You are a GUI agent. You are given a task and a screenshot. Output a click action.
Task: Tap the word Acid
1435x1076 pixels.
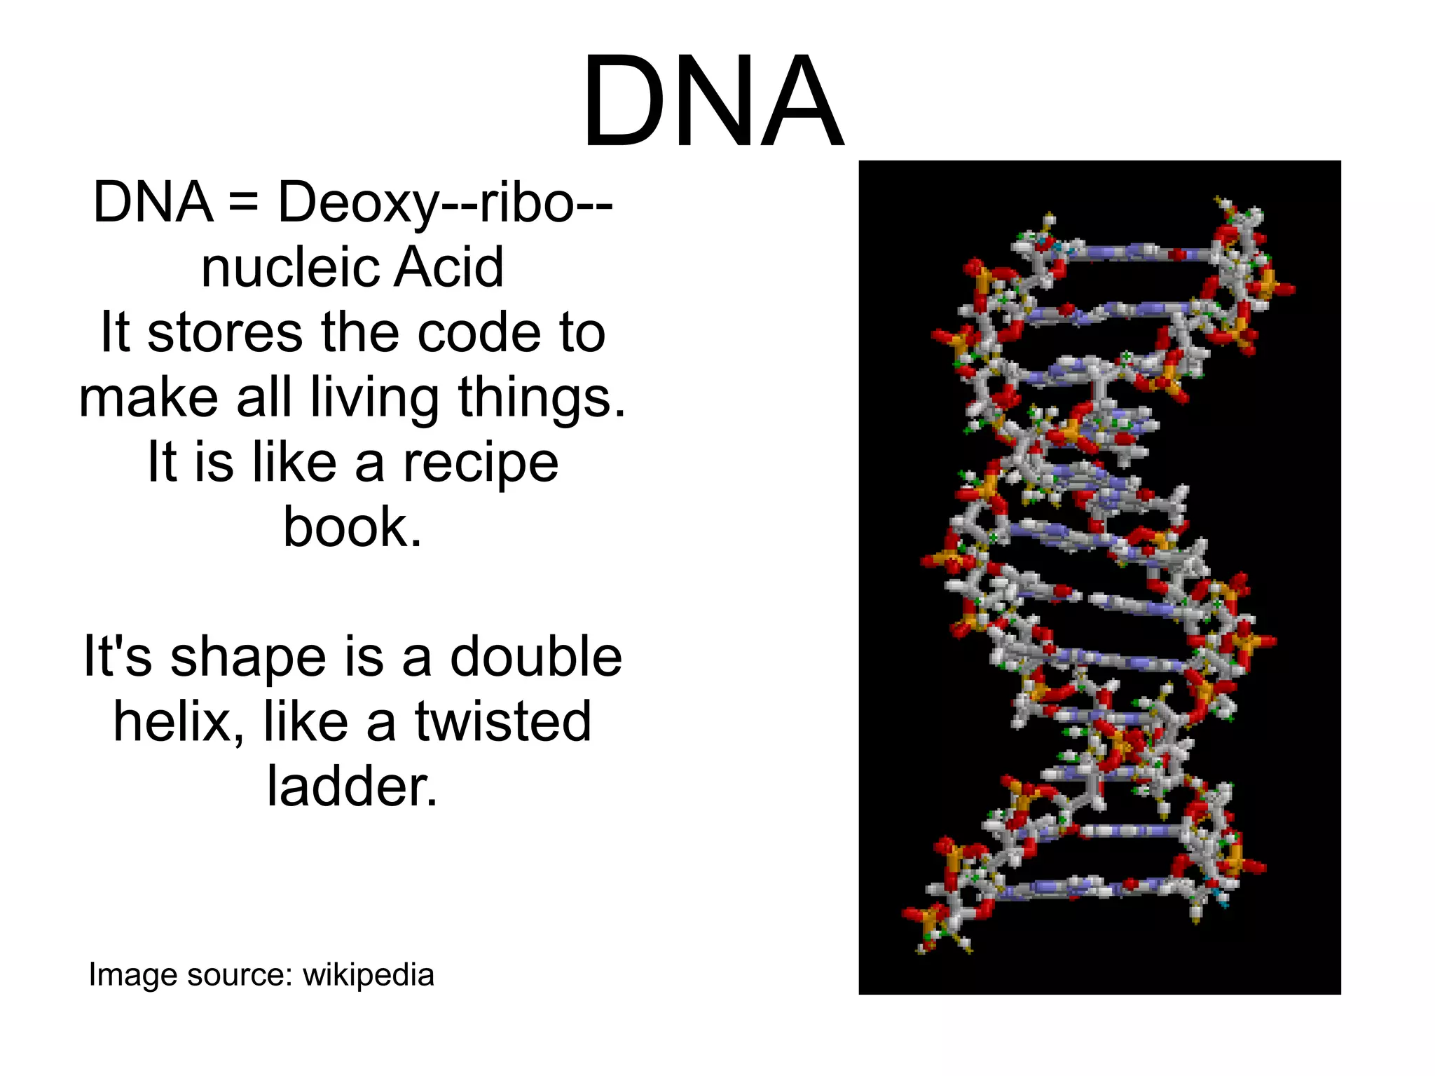point(448,268)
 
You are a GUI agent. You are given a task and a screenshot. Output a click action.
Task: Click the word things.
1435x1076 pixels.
point(542,398)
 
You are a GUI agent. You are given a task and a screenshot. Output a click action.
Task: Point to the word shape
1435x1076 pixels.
point(248,658)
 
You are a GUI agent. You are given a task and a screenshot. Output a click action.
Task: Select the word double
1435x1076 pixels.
point(535,657)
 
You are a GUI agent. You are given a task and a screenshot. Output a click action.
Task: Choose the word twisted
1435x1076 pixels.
point(503,721)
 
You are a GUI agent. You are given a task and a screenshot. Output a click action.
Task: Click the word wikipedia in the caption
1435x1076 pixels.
point(369,974)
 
